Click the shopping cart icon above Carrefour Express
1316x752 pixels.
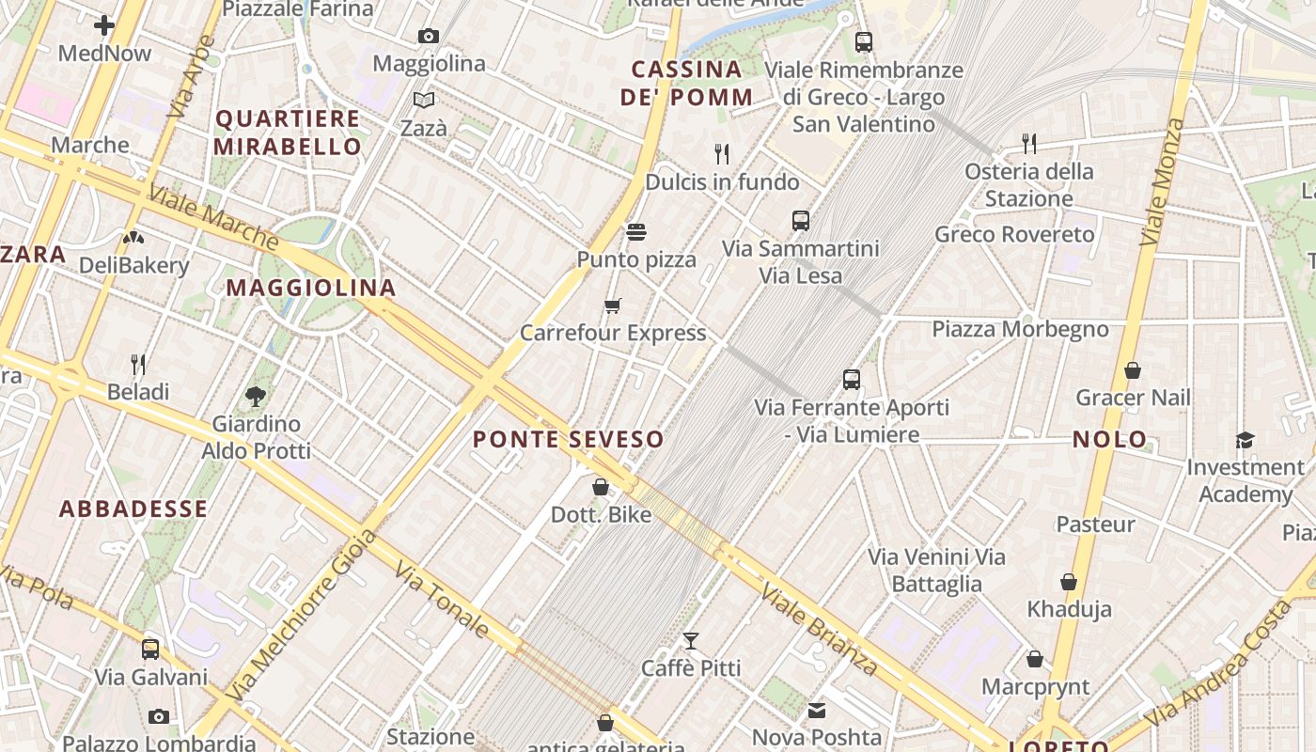pyautogui.click(x=613, y=305)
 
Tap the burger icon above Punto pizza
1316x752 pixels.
pyautogui.click(x=636, y=231)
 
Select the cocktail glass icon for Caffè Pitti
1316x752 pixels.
pyautogui.click(x=691, y=641)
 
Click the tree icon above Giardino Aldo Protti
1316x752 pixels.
pyautogui.click(x=255, y=397)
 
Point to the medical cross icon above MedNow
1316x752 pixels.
pyautogui.click(x=104, y=25)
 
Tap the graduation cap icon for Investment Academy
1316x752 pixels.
pyautogui.click(x=1245, y=440)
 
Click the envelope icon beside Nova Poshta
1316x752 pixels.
pyautogui.click(x=817, y=711)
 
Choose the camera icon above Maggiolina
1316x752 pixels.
pyautogui.click(x=429, y=37)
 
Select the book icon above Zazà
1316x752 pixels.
pyautogui.click(x=424, y=100)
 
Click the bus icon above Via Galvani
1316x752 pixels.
pyautogui.click(x=150, y=650)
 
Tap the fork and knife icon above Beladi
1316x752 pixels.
pyautogui.click(x=138, y=364)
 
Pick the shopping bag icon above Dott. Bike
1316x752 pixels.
pyautogui.click(x=601, y=487)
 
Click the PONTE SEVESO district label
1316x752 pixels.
pyautogui.click(x=568, y=439)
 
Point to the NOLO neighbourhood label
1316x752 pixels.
pyautogui.click(x=1110, y=439)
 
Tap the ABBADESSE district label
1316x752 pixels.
pyautogui.click(x=133, y=509)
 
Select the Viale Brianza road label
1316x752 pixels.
pyautogui.click(x=819, y=629)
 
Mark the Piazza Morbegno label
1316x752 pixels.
pyautogui.click(x=1020, y=329)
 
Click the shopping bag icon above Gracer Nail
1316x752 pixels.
pyautogui.click(x=1133, y=370)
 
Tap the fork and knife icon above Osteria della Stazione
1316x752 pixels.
pyautogui.click(x=1029, y=144)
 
